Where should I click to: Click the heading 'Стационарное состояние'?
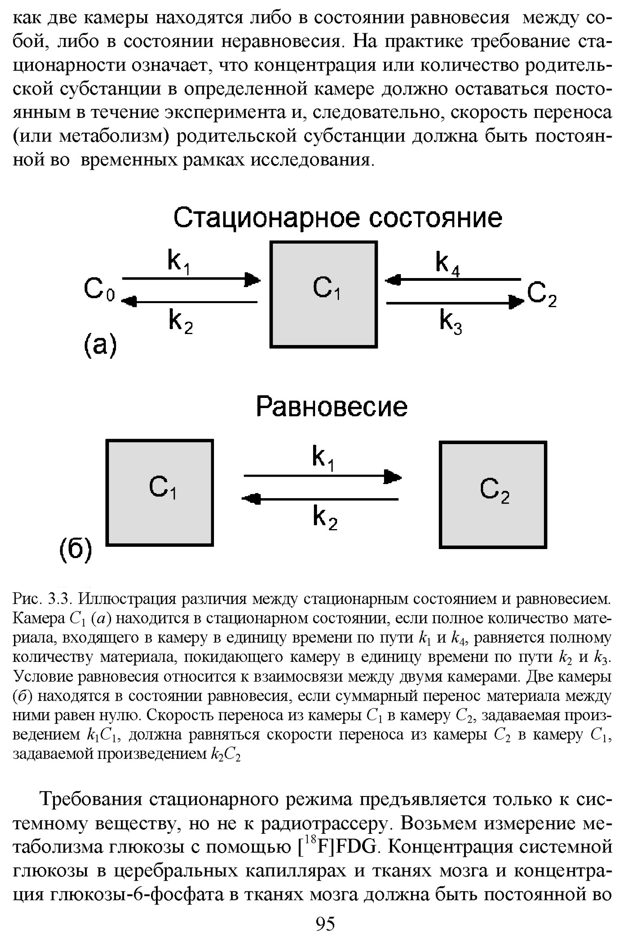tap(337, 218)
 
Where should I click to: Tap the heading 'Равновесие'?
tap(332, 407)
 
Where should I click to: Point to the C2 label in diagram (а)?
tap(541, 294)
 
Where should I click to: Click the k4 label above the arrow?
tap(447, 264)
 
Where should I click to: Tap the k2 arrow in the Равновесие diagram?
tap(320, 499)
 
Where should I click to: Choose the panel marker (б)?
tap(76, 549)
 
